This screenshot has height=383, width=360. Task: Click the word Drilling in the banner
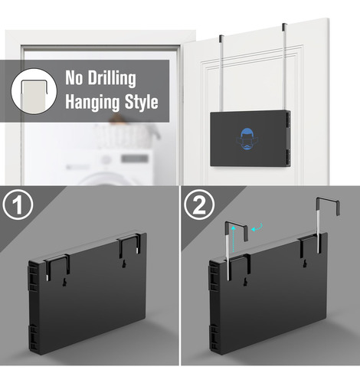(x=112, y=78)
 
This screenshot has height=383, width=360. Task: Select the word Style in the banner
(x=142, y=102)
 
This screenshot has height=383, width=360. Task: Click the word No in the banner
(x=74, y=77)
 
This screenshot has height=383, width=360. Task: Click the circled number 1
(x=18, y=205)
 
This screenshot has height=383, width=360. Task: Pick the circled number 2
(x=199, y=205)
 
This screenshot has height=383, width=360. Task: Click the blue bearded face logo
(x=247, y=139)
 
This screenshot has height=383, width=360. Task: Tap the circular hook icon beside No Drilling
(x=34, y=91)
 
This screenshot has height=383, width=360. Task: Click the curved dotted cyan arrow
(x=257, y=228)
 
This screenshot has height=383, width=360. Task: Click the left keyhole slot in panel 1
(x=65, y=282)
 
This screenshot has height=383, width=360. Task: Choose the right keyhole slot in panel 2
(x=305, y=264)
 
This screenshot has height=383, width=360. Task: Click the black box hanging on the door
(x=250, y=139)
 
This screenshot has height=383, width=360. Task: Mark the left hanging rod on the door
(x=221, y=74)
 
